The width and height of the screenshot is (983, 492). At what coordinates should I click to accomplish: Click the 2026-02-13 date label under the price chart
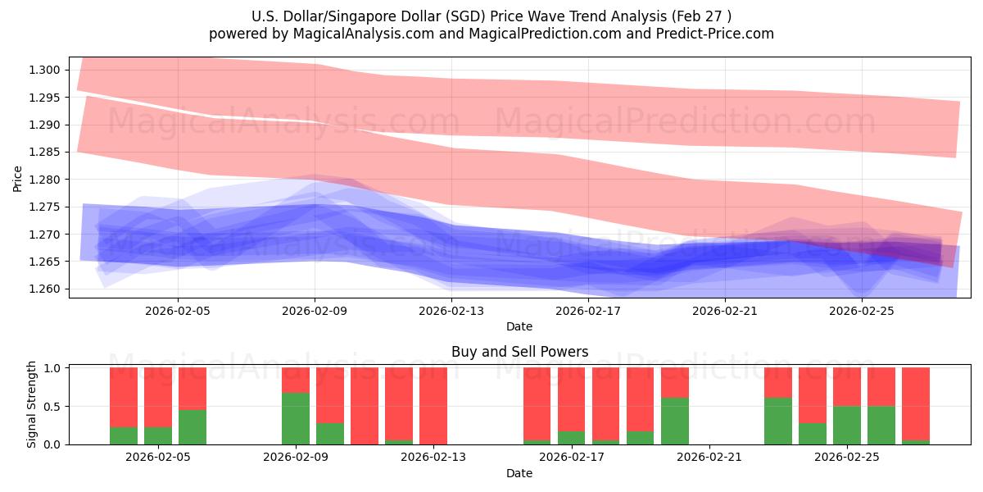451,311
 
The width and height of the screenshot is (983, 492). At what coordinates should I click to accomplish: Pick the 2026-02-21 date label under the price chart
725,311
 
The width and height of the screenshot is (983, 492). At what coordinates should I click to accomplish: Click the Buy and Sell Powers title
519,353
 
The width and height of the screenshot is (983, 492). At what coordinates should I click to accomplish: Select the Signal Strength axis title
32,404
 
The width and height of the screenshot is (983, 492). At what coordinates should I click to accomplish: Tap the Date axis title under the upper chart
519,326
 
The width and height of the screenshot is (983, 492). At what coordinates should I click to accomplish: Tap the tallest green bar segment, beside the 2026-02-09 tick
296,418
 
